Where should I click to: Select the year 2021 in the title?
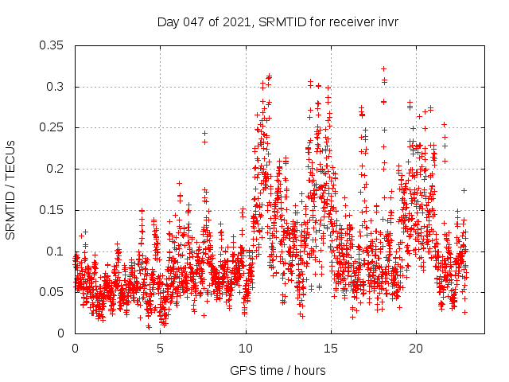235,21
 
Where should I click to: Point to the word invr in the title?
387,21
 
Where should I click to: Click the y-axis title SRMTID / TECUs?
10,189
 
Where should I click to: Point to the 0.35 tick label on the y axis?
54,45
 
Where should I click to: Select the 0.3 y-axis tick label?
57,87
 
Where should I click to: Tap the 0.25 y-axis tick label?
54,127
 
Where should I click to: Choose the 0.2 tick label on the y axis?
57,169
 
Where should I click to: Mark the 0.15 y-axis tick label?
54,210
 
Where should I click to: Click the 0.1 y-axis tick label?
57,251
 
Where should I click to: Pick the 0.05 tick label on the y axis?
54,292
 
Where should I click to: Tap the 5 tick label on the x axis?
160,349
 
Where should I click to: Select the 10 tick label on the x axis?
246,349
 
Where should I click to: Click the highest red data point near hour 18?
383,69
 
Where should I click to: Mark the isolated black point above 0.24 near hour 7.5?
204,134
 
